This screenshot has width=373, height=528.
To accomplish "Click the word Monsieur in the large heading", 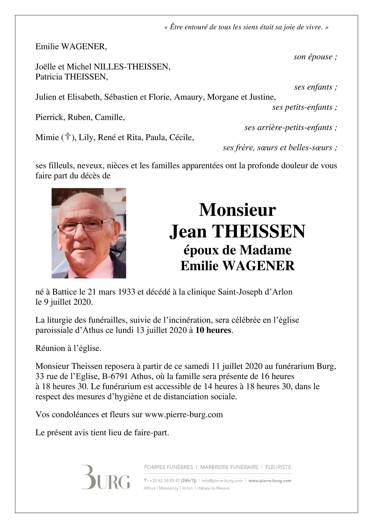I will point(237,210).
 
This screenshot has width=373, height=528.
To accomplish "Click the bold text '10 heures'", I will point(213,330).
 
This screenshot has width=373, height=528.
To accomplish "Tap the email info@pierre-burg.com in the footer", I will point(222,481).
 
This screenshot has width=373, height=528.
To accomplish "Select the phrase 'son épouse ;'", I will point(315,57).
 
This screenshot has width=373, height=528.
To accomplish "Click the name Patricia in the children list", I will point(49,77).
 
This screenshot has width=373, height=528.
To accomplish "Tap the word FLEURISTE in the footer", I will point(278,467).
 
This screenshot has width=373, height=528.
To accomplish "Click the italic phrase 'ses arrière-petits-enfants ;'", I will point(290,127).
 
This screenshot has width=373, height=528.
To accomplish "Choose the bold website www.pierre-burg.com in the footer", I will point(270,481).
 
